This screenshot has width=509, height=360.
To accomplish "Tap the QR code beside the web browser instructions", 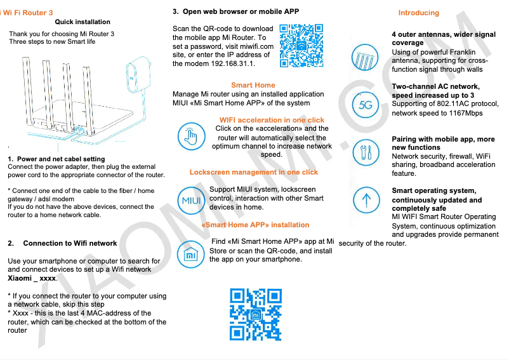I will tap(301, 46).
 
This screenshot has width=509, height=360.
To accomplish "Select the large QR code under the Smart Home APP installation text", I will tap(256, 314).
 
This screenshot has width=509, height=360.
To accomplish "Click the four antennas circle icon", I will tap(366, 60).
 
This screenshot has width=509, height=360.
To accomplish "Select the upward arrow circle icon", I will tap(366, 199).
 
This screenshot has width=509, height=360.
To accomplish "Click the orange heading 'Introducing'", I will tap(418, 13).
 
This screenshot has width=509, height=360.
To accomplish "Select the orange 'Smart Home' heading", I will tap(253, 85).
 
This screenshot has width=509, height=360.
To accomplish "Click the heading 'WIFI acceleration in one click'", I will tap(272, 120).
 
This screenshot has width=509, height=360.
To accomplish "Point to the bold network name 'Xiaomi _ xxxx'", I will tap(32, 278).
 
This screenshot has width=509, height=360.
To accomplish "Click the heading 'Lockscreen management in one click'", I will tap(254, 172).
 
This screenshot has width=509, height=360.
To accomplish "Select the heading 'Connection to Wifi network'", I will tap(70, 243).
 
